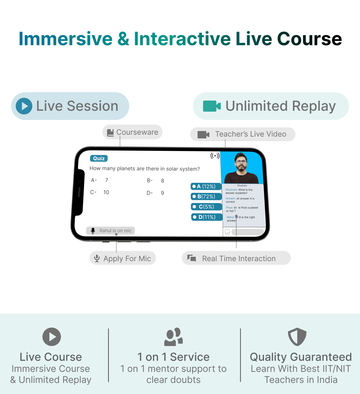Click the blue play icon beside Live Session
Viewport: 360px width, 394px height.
(x=24, y=106)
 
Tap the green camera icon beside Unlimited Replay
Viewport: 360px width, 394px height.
(x=212, y=106)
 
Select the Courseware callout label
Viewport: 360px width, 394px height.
(x=132, y=132)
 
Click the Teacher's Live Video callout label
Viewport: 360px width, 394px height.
(x=243, y=134)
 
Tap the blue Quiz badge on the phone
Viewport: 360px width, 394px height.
(x=99, y=158)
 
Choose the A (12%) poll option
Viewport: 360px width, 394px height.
(x=206, y=186)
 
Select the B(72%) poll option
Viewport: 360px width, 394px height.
(x=206, y=197)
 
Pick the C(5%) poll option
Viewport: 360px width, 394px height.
(x=206, y=207)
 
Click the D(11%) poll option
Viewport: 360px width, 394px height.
(x=207, y=217)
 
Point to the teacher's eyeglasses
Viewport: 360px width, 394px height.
(x=241, y=162)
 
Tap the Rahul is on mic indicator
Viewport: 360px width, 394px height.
(x=110, y=231)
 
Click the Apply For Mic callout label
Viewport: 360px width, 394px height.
(x=123, y=258)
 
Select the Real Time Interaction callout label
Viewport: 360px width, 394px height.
(x=236, y=258)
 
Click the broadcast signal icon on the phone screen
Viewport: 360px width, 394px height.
(x=215, y=156)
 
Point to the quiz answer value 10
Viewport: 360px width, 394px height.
(x=106, y=192)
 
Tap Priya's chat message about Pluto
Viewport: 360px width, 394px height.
(x=242, y=209)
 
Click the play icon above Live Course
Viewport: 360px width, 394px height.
(x=52, y=337)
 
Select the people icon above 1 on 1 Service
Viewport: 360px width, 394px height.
(x=173, y=337)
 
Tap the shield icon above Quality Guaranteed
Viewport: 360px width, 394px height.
(x=297, y=337)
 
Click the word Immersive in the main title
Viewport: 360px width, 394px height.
(x=66, y=39)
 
